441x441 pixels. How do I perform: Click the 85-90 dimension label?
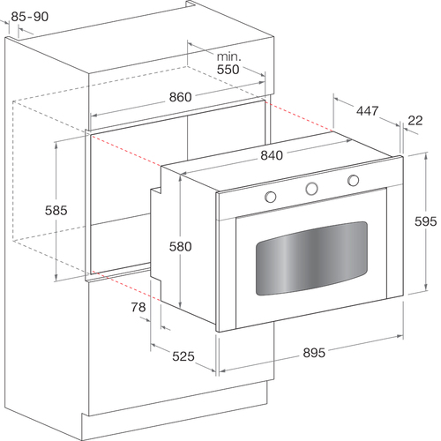30,17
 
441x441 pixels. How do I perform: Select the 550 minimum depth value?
228,70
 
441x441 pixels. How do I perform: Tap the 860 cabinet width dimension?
180,97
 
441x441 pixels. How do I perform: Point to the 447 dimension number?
367,111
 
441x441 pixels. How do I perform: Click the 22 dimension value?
415,121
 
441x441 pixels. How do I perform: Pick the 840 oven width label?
272,155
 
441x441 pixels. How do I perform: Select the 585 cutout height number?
56,211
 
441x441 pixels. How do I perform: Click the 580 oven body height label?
180,246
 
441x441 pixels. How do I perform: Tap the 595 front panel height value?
425,221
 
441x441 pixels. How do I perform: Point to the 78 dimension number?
138,307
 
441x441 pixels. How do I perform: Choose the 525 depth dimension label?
183,356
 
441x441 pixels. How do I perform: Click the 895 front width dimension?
314,353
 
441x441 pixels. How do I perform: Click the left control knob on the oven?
270,197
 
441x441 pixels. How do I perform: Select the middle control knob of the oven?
311,188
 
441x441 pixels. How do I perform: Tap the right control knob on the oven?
353,180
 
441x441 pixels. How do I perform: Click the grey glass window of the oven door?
311,258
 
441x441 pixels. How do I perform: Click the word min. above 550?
228,56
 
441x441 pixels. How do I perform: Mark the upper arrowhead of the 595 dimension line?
426,156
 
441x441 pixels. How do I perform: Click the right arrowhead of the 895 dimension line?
400,336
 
